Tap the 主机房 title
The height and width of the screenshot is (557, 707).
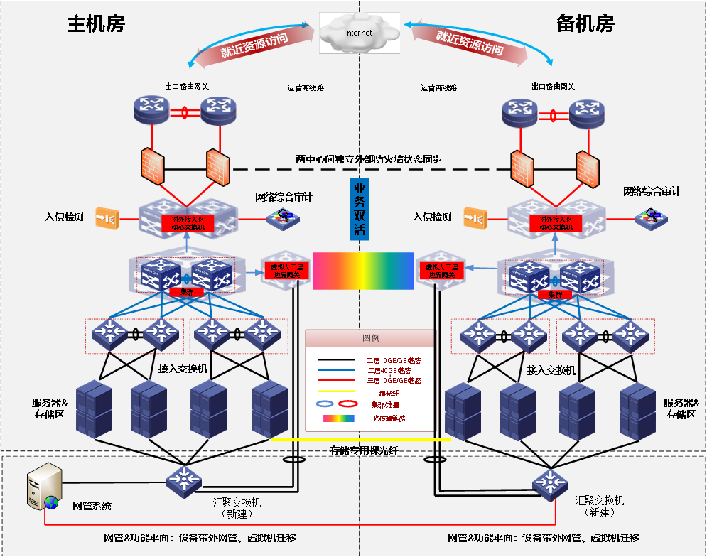96,23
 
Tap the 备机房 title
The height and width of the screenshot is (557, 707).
585,23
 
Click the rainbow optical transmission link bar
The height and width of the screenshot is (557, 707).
363,271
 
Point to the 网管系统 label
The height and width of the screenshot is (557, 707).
92,507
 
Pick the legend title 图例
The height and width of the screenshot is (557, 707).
370,338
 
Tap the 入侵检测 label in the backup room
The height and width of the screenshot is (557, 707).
432,217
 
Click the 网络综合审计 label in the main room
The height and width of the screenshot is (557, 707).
284,196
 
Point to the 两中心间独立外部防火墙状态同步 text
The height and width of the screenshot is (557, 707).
369,159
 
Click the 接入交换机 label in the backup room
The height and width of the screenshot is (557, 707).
551,370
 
